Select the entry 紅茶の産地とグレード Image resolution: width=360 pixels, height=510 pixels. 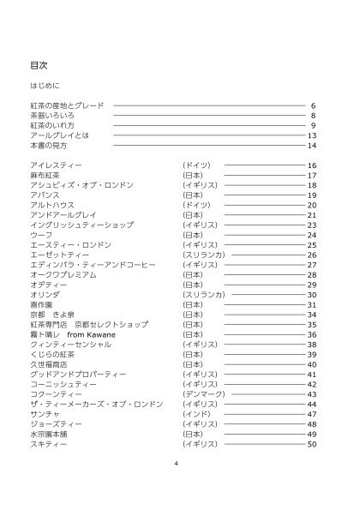[x=67, y=105]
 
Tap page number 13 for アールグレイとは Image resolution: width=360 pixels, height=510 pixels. [x=312, y=135]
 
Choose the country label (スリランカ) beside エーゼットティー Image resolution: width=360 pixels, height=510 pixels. [x=203, y=255]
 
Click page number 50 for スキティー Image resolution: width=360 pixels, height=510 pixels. [x=312, y=445]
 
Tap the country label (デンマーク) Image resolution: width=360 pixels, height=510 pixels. [x=201, y=394]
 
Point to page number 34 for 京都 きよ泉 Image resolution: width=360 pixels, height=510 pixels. [x=312, y=315]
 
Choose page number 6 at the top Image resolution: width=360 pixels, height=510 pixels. [x=315, y=105]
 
